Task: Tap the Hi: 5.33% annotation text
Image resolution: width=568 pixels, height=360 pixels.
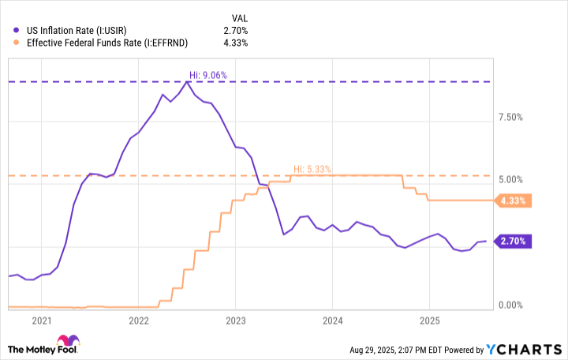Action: pos(312,169)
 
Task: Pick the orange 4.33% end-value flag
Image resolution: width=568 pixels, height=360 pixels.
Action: pos(513,201)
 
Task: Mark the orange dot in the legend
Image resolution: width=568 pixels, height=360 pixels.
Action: pos(14,42)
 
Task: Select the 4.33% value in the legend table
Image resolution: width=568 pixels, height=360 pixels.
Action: pos(235,42)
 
